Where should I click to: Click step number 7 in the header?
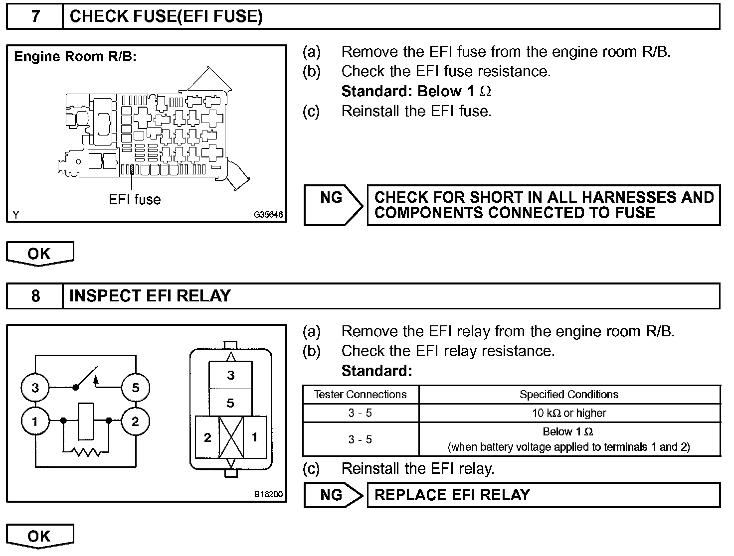click(35, 17)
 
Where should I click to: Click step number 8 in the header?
click(35, 296)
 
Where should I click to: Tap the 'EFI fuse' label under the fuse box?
click(135, 200)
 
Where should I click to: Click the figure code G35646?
click(268, 215)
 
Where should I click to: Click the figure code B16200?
click(268, 494)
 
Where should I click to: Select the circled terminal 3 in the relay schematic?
click(35, 388)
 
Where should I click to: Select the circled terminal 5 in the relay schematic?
click(136, 388)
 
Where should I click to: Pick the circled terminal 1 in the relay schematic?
click(35, 421)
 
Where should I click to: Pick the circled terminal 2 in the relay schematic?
click(136, 421)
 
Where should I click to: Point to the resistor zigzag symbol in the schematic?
click(86, 452)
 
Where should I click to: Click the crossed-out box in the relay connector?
click(231, 437)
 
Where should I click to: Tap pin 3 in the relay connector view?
click(230, 375)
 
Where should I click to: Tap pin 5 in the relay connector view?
click(230, 403)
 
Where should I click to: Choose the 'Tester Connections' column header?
click(360, 395)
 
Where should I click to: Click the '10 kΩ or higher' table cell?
click(569, 413)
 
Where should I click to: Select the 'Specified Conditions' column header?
click(569, 395)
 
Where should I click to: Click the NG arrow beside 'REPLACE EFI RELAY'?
click(333, 495)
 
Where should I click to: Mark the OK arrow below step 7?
click(39, 254)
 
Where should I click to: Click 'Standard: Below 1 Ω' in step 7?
click(416, 92)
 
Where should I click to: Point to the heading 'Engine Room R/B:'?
click(75, 57)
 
